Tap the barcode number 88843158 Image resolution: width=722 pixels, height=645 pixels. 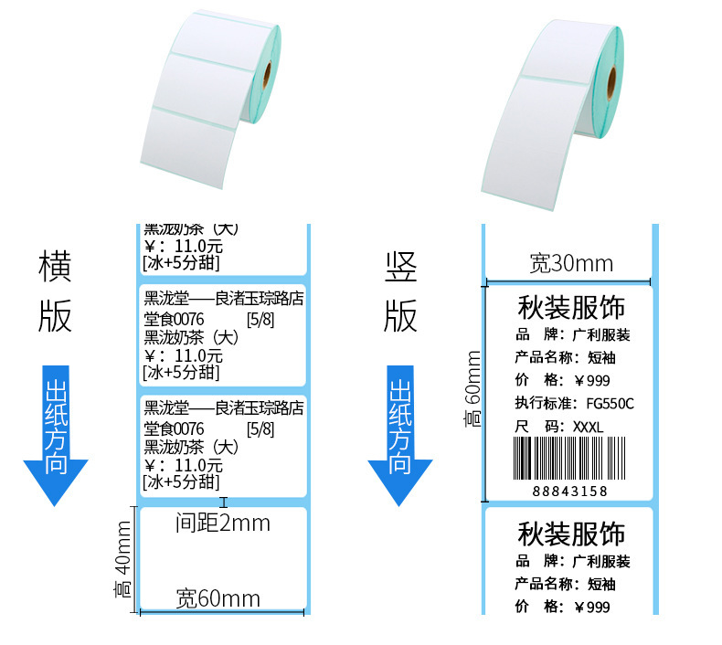pyautogui.click(x=569, y=492)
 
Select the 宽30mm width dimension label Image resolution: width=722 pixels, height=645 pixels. pyautogui.click(x=571, y=264)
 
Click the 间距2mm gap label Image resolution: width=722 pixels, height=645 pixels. pyautogui.click(x=223, y=523)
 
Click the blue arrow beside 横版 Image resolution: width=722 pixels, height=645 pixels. pyautogui.click(x=56, y=435)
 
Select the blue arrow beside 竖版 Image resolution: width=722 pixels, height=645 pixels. pyautogui.click(x=400, y=435)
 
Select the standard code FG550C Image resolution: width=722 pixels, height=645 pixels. pyautogui.click(x=603, y=403)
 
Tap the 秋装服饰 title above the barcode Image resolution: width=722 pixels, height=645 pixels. pyautogui.click(x=571, y=305)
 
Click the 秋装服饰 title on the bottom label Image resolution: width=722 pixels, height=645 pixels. pyautogui.click(x=571, y=533)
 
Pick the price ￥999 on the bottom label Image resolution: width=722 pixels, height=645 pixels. pyautogui.click(x=590, y=607)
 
